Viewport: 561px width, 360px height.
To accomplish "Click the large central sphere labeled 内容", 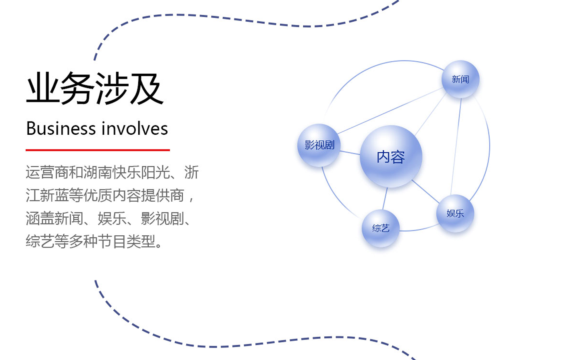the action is [x=391, y=157].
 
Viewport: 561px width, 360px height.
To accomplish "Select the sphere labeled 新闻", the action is [x=460, y=79].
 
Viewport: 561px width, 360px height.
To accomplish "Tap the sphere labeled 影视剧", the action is [x=319, y=145].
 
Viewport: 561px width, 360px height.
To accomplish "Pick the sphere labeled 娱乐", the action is [x=455, y=213].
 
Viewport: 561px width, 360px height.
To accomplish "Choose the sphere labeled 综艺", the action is [x=380, y=228].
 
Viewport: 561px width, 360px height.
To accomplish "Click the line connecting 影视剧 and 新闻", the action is [x=390, y=111].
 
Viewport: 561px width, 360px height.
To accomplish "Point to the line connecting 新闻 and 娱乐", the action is [x=456, y=146].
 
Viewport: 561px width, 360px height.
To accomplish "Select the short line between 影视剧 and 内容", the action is [x=350, y=153].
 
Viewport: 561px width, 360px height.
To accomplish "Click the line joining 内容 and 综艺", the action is [x=385, y=199].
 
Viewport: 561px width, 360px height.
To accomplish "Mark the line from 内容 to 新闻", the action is [x=430, y=115].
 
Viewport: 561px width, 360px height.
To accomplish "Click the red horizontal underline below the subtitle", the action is [x=98, y=150].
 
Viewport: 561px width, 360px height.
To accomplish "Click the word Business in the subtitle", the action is [x=61, y=129].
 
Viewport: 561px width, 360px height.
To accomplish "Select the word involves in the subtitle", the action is [x=135, y=129].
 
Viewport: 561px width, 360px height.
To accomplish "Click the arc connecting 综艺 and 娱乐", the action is [x=419, y=229].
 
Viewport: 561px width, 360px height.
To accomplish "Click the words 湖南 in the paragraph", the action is [x=98, y=172].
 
